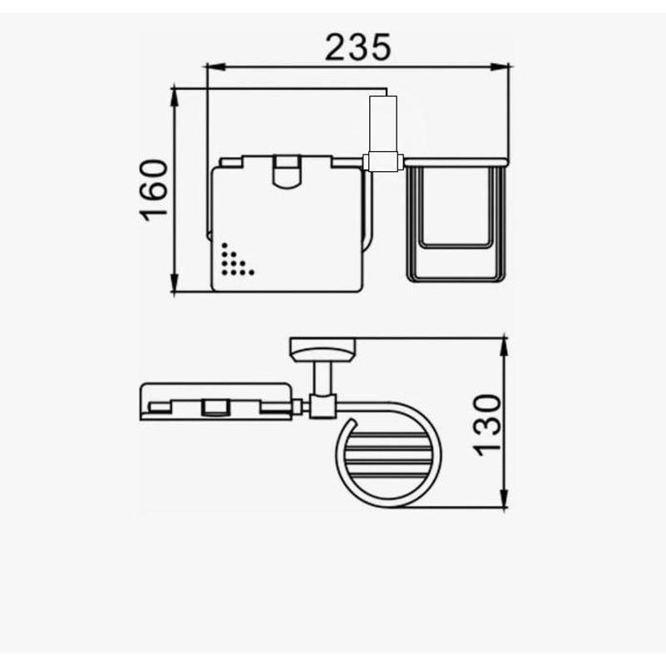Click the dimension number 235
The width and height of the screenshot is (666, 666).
[x=358, y=47]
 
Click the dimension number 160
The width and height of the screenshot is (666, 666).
[x=154, y=190]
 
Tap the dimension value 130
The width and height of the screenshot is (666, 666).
[x=487, y=425]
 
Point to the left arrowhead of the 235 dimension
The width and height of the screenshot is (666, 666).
[x=215, y=67]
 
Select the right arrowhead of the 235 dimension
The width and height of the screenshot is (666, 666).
[x=500, y=67]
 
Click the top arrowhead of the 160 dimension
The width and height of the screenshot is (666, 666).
[x=174, y=97]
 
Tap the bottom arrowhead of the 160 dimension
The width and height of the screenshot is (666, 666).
[x=174, y=283]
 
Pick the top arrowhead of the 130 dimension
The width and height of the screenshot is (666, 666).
[x=504, y=348]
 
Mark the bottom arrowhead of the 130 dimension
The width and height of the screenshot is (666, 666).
[x=504, y=498]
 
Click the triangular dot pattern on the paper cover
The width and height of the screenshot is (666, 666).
[x=236, y=259]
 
